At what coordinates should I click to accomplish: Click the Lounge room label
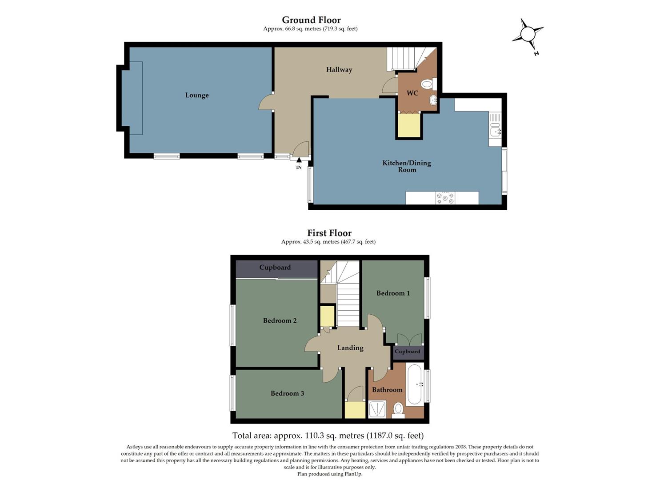click(x=197, y=95)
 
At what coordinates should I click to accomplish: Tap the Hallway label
click(x=339, y=70)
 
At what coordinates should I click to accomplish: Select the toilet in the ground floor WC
click(x=427, y=84)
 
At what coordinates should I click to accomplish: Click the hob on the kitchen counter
click(x=445, y=198)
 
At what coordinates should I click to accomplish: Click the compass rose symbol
click(x=528, y=34)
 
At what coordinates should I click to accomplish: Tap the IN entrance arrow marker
click(x=299, y=161)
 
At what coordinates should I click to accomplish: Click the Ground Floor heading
click(x=311, y=20)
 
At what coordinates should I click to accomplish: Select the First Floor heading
click(x=329, y=233)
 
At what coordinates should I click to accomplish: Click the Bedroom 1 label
click(x=393, y=293)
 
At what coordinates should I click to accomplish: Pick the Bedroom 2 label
click(x=280, y=321)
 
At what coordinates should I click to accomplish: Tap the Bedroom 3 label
click(x=287, y=393)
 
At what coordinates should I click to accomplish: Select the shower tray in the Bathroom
click(x=377, y=409)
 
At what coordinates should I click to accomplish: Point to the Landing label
click(x=350, y=348)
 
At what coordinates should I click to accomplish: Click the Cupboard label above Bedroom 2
click(x=275, y=268)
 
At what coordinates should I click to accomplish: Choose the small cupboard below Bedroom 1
click(x=408, y=352)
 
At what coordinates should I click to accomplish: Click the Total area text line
click(x=328, y=436)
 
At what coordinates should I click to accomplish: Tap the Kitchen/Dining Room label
click(x=407, y=166)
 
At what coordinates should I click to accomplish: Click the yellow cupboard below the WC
click(x=409, y=126)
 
